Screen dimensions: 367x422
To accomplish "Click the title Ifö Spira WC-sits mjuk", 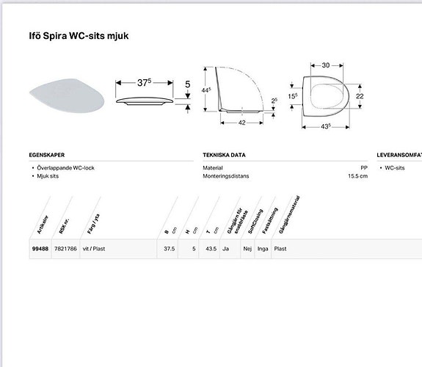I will pyautogui.click(x=81, y=35).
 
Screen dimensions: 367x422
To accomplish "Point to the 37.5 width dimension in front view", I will pyautogui.click(x=145, y=83).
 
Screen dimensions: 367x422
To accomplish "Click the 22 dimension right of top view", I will pyautogui.click(x=360, y=96).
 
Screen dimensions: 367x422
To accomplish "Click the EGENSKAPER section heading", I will pyautogui.click(x=47, y=156).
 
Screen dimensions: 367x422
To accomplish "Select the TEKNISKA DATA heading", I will pyautogui.click(x=224, y=156).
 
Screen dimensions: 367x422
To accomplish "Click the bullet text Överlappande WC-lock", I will pyautogui.click(x=65, y=168).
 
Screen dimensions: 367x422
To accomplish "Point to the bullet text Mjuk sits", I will pyautogui.click(x=49, y=177).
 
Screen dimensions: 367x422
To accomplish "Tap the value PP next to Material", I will pyautogui.click(x=363, y=168).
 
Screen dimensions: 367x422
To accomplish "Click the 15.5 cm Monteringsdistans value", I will pyautogui.click(x=358, y=177).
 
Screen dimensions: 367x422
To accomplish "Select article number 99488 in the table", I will pyautogui.click(x=40, y=249).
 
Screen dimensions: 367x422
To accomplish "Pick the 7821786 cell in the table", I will pyautogui.click(x=65, y=249).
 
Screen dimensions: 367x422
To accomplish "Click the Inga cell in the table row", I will pyautogui.click(x=262, y=249).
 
